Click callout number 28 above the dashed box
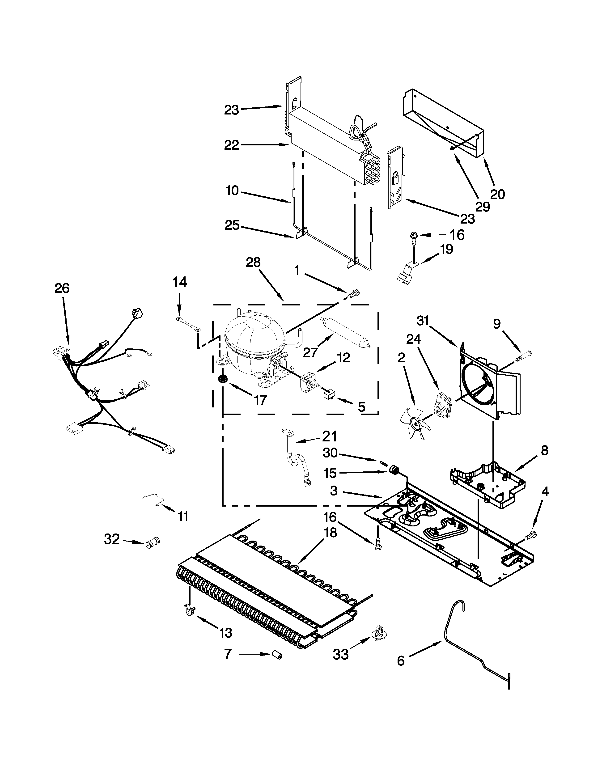pos(253,262)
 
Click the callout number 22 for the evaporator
pos(231,145)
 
